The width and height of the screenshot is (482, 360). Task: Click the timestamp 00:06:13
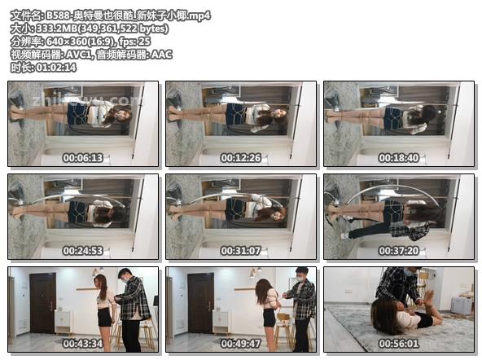coord(84,158)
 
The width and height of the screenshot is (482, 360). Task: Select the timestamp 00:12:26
coord(241,158)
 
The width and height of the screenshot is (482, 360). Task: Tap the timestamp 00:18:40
coord(399,158)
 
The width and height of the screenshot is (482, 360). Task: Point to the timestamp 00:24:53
coord(84,251)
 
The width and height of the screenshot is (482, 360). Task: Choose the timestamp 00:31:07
coord(241,251)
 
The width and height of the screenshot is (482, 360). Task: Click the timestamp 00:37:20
coord(399,251)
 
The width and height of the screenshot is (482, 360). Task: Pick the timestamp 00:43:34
coord(84,344)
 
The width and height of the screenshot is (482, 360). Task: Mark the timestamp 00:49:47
coord(241,344)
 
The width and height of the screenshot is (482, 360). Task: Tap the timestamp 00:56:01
coord(399,344)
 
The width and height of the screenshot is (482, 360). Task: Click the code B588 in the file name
coord(59,15)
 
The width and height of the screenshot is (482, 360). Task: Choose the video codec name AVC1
coord(87,55)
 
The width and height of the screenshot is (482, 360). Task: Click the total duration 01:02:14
coord(56,68)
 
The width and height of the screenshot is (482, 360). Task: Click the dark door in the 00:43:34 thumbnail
coord(42,302)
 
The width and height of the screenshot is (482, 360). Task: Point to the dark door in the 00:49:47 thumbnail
coord(200,302)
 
